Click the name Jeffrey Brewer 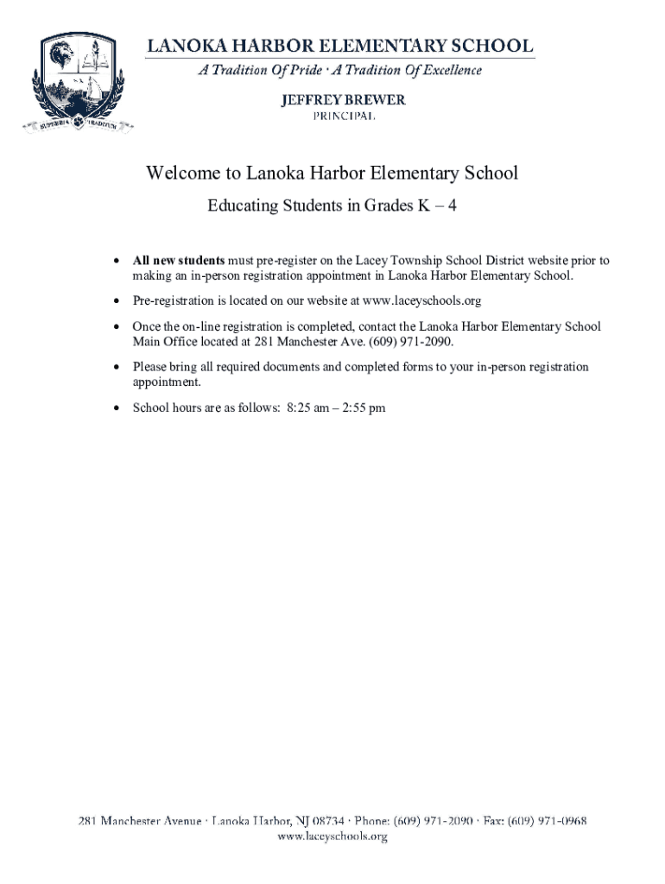[x=343, y=100]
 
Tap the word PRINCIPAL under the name [x=343, y=117]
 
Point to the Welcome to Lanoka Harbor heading [x=332, y=174]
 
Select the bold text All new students [x=178, y=260]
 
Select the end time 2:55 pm [x=364, y=407]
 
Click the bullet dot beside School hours [x=117, y=408]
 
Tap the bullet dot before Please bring [x=117, y=368]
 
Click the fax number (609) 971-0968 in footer [x=547, y=821]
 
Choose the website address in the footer [x=332, y=836]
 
